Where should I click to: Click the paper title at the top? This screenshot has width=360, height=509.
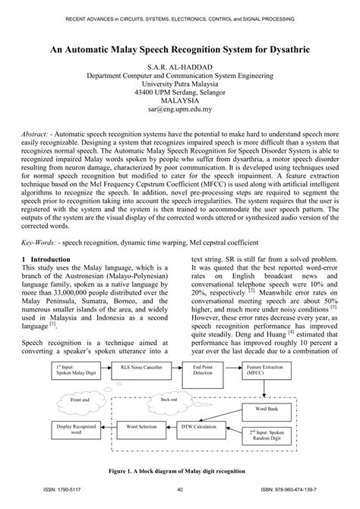(x=180, y=48)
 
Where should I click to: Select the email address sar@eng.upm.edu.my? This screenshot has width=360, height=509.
(x=180, y=109)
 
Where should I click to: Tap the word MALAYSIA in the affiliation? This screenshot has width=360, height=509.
(x=180, y=99)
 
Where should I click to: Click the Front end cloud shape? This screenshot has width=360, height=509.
(x=84, y=400)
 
